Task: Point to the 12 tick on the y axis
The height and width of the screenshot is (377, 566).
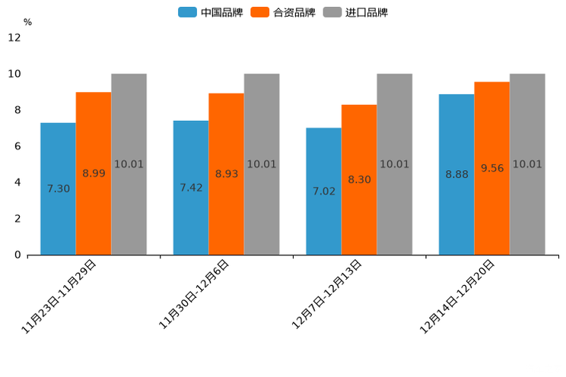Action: point(14,38)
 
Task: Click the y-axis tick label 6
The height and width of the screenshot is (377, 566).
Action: point(17,147)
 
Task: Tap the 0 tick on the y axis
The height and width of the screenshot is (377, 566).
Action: point(17,255)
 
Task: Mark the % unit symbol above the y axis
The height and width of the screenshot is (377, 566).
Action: point(27,23)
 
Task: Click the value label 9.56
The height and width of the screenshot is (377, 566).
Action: point(492,169)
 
